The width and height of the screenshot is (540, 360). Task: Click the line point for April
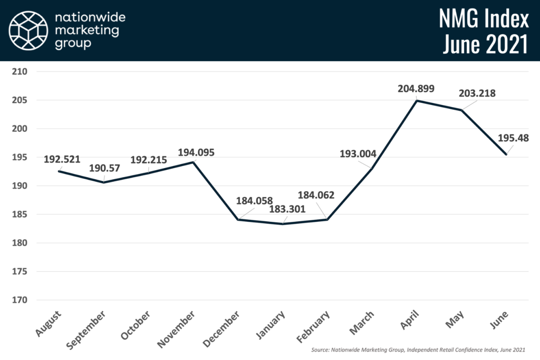[x=417, y=100]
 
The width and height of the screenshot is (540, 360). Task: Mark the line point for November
[x=194, y=162]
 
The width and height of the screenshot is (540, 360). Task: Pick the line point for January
[x=283, y=224]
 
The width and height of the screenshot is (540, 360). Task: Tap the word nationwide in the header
[x=90, y=18]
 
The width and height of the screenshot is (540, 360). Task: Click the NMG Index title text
[x=484, y=20]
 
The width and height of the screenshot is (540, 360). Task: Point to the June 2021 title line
[x=485, y=45]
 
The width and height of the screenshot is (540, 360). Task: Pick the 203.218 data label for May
[x=478, y=93]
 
